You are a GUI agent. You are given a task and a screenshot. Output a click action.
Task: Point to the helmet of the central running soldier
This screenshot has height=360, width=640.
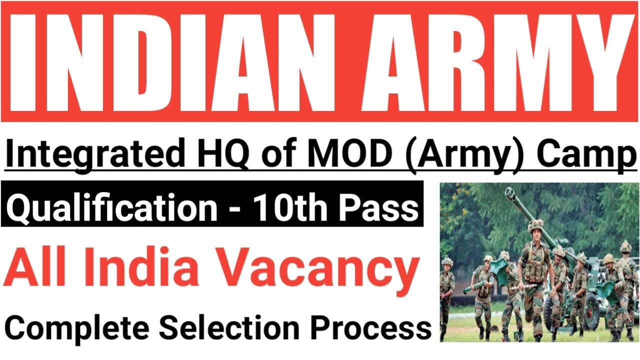pos(535,226)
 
